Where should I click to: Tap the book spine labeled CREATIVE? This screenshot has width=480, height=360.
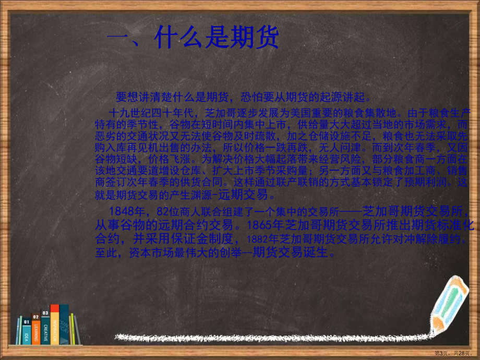(x=45, y=327)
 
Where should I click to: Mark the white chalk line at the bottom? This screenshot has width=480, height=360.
(x=271, y=339)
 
